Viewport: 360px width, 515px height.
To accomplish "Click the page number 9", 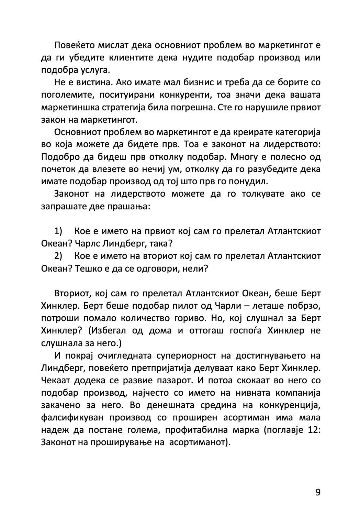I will coord(317,493).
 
